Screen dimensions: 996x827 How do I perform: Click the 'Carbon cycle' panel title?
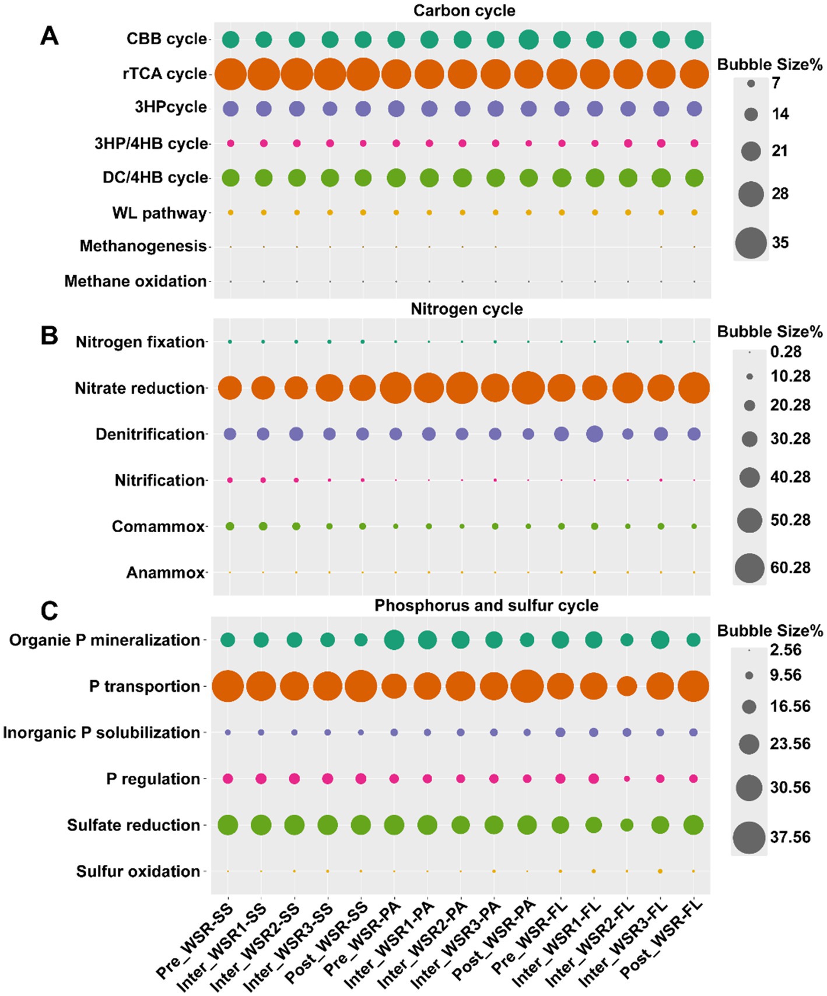(464, 10)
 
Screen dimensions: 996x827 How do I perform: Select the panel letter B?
(50, 336)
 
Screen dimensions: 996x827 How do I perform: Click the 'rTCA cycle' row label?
(164, 74)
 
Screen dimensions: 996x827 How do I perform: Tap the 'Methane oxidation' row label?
(135, 281)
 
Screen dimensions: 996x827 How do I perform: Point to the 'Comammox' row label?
(158, 527)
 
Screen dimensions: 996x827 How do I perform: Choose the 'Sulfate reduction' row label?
(134, 825)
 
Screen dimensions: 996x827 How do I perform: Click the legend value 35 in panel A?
(780, 242)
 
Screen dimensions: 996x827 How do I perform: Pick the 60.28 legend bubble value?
(790, 568)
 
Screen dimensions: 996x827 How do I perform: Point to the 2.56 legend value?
(786, 650)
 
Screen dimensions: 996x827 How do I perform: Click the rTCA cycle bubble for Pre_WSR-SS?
(230, 75)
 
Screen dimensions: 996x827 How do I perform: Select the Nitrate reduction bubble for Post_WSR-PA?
(528, 388)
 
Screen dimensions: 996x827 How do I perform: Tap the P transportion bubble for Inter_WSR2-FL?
(627, 687)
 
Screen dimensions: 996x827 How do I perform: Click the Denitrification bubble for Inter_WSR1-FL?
(594, 434)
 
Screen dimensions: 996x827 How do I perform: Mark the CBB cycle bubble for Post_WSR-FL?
(694, 40)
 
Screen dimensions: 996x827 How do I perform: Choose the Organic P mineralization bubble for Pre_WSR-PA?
(394, 640)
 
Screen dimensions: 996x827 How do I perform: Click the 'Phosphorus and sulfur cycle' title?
(486, 606)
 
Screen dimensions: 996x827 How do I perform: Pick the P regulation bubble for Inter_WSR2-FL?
(627, 779)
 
